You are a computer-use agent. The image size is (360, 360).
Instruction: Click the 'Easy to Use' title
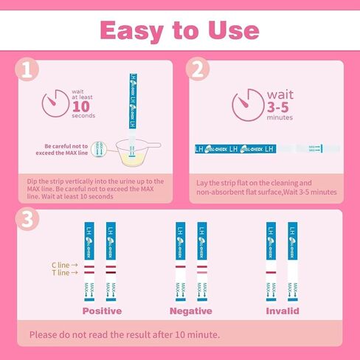point(179,30)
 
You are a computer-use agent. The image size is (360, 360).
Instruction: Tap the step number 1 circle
point(27,70)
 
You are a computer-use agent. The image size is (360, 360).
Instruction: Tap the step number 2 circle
point(197,70)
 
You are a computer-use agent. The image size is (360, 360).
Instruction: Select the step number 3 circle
point(27,220)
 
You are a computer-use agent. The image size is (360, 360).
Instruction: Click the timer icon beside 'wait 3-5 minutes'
point(246,104)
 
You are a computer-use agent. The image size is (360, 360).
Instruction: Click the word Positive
point(101,311)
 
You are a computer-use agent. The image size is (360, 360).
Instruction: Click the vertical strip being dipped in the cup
point(134,103)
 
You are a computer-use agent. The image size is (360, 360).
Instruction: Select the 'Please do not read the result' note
point(124,335)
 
